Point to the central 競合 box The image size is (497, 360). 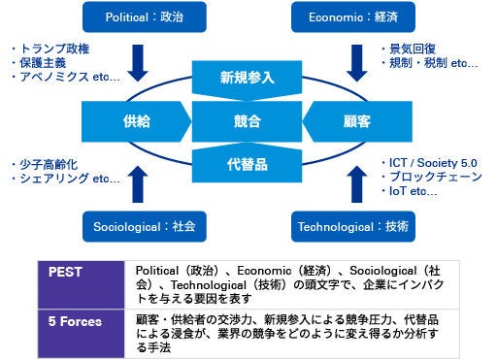pos(248,121)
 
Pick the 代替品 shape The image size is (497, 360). pos(248,161)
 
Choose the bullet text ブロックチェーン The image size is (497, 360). pos(436,177)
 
